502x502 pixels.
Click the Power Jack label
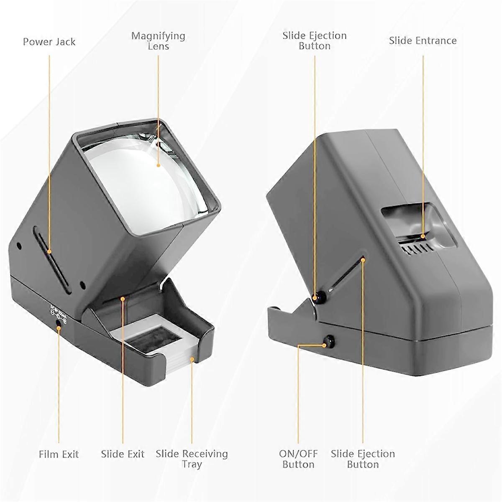pyautogui.click(x=49, y=42)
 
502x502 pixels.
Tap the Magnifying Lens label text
pyautogui.click(x=158, y=41)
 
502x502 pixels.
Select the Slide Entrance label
pyautogui.click(x=423, y=41)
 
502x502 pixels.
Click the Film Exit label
pyautogui.click(x=59, y=454)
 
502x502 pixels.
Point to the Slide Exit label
pyautogui.click(x=123, y=454)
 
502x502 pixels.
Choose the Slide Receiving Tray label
pyautogui.click(x=192, y=458)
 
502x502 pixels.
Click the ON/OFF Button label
pyautogui.click(x=298, y=458)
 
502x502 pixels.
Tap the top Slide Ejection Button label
pyautogui.click(x=315, y=41)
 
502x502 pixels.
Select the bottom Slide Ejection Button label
pyautogui.click(x=363, y=458)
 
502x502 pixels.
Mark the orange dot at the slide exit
pyautogui.click(x=123, y=298)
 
